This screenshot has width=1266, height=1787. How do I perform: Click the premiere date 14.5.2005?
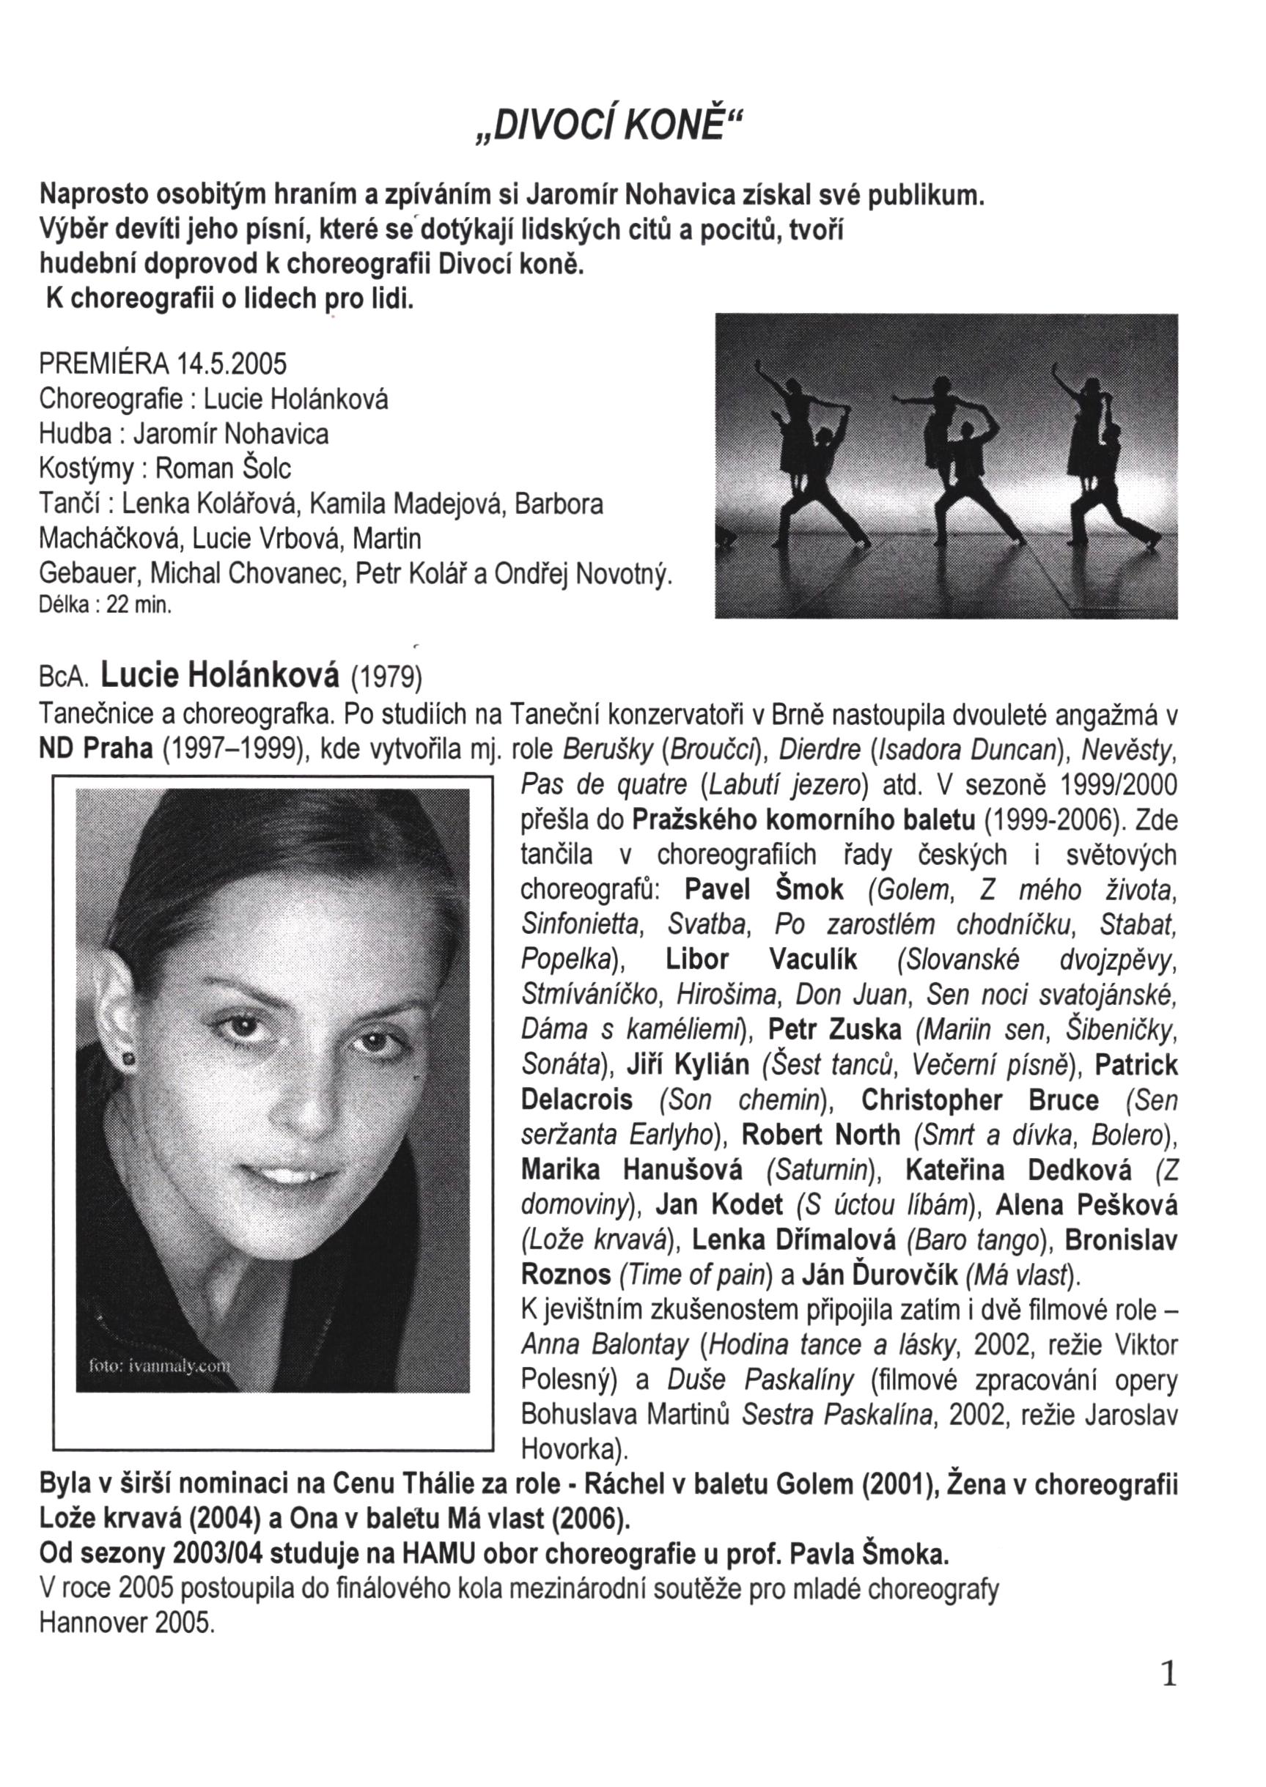tap(232, 364)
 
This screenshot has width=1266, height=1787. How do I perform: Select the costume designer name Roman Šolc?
tap(223, 468)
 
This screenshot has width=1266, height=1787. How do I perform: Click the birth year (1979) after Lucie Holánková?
tap(386, 677)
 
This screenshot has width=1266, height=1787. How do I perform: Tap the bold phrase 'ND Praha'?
tap(96, 748)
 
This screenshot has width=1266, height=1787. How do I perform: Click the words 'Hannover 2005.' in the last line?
tap(126, 1624)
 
